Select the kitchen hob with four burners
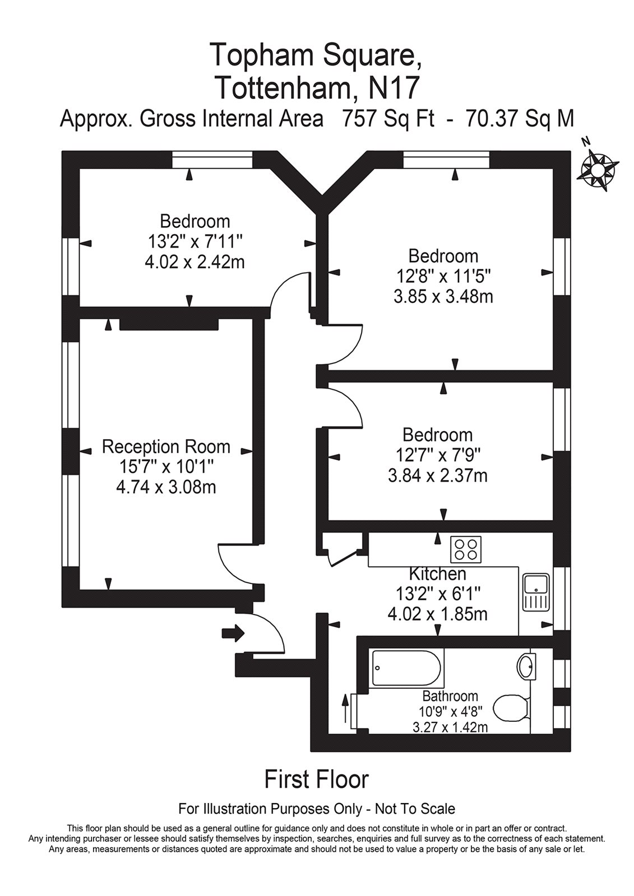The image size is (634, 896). (466, 549)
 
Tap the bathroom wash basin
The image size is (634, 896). (526, 666)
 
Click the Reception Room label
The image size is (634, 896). (166, 447)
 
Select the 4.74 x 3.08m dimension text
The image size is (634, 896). (166, 487)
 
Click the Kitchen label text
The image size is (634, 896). (437, 573)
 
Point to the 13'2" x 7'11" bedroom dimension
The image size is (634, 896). (195, 241)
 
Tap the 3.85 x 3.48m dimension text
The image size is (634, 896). (443, 296)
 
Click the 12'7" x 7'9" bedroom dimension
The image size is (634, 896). (437, 455)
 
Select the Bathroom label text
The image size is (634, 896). (450, 696)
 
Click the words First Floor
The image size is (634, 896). (316, 779)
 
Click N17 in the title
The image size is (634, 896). (392, 87)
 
